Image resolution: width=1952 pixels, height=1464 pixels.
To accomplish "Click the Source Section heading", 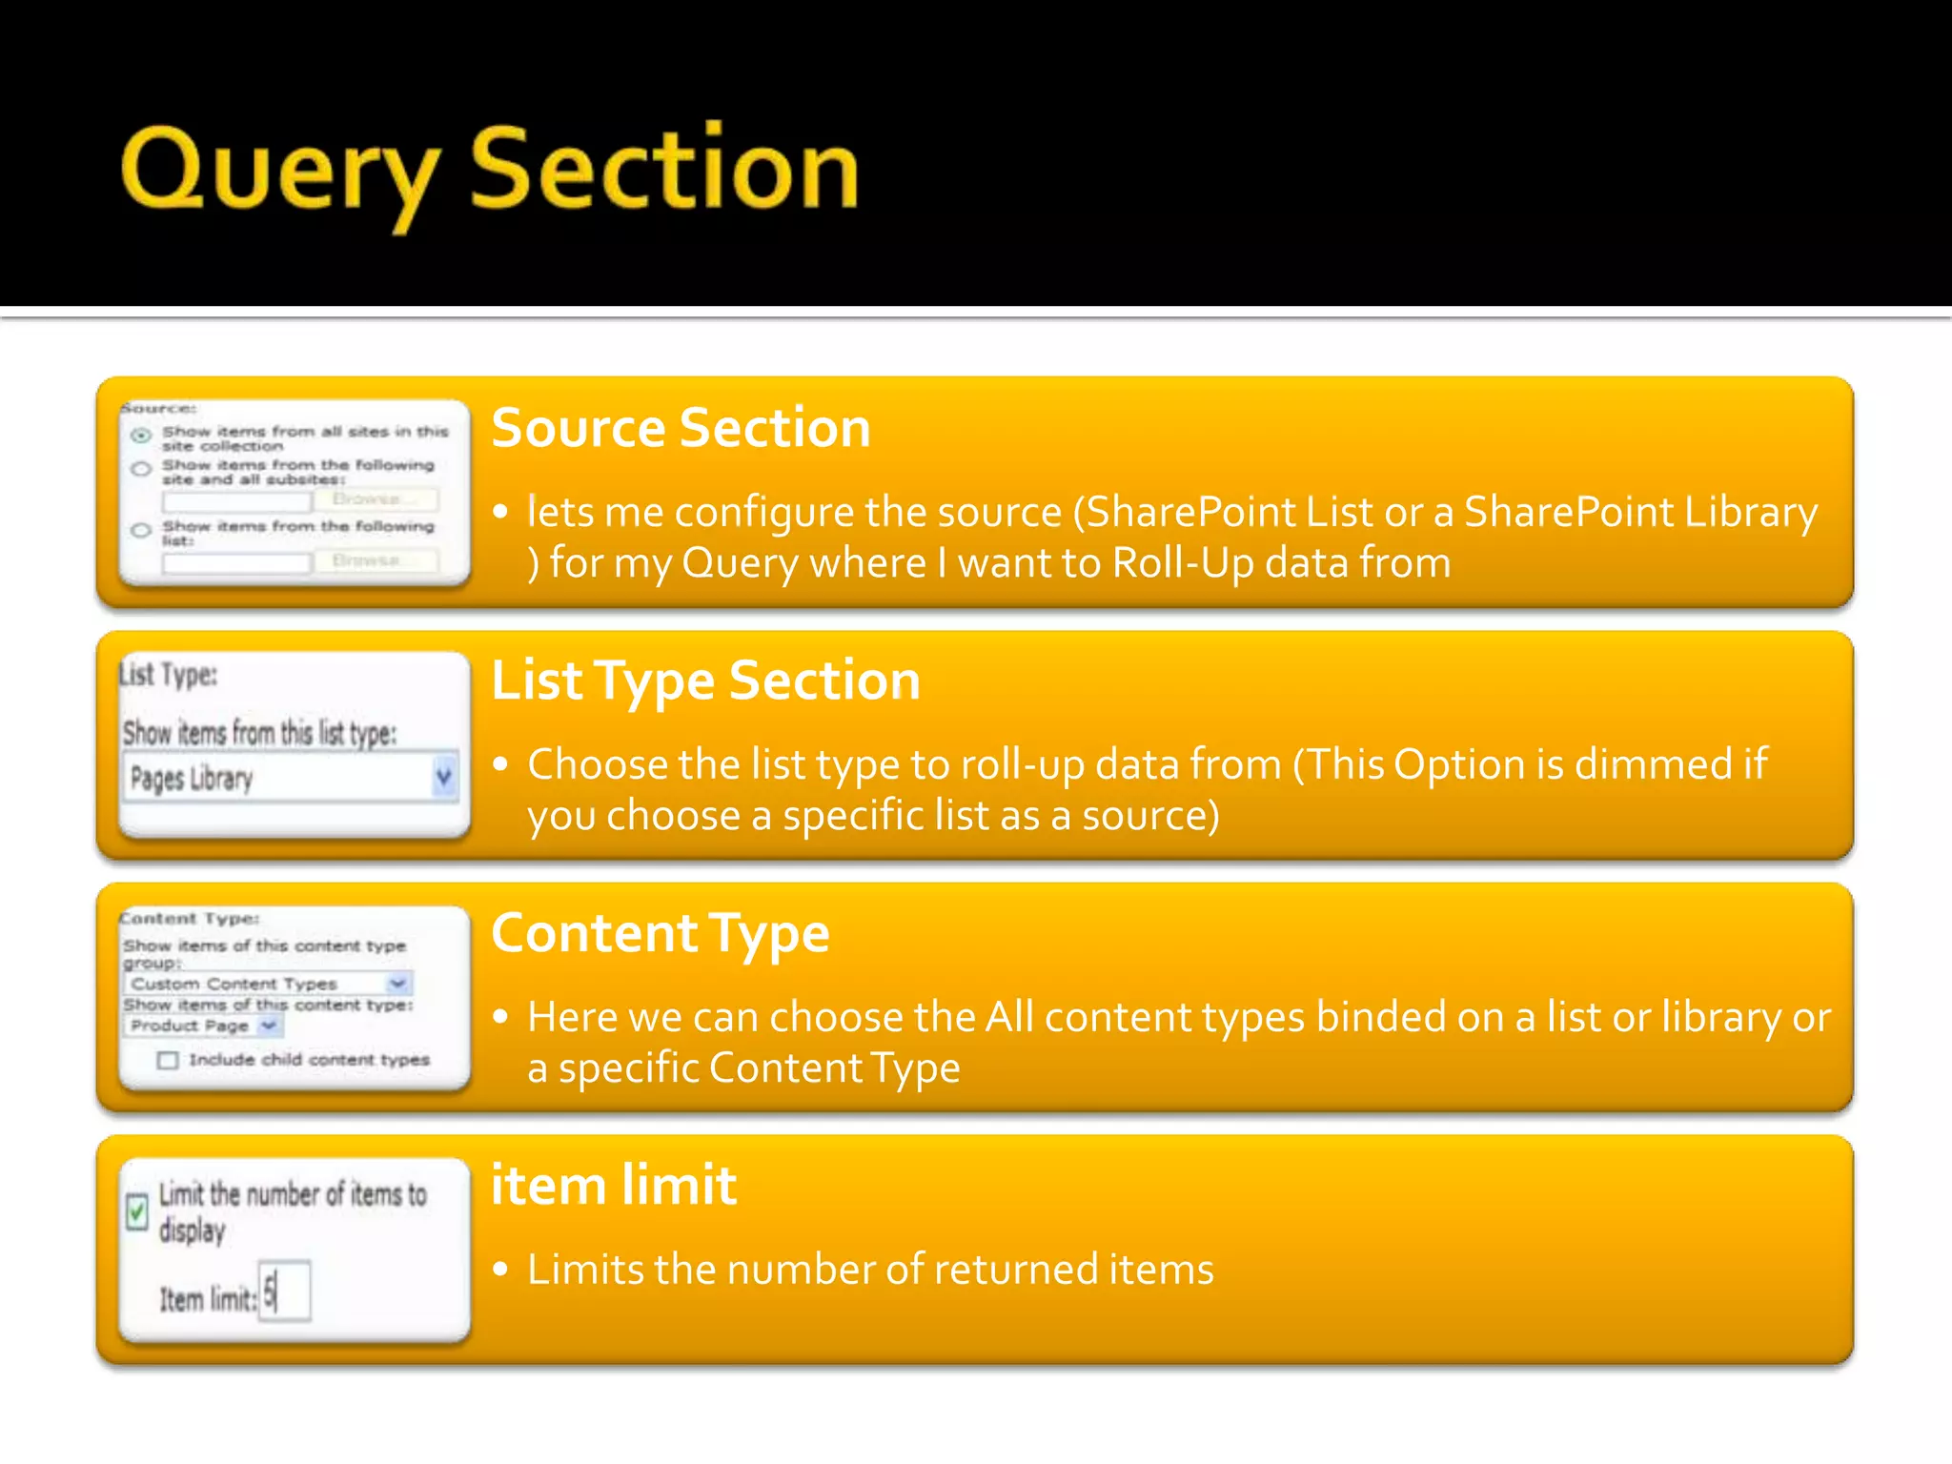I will tap(681, 427).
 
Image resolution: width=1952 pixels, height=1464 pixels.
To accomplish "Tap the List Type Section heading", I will tap(705, 681).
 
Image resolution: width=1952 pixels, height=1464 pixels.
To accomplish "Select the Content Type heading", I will tap(660, 933).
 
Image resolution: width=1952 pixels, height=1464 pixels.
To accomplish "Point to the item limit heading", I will tap(613, 1186).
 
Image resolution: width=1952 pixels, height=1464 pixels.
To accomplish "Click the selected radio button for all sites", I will tap(141, 436).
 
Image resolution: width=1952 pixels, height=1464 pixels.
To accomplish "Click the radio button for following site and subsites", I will tap(141, 469).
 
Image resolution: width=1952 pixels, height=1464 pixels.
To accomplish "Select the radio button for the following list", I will tap(141, 530).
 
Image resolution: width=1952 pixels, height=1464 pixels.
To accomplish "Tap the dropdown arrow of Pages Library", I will tap(443, 777).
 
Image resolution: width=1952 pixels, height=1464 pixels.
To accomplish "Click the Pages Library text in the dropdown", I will tap(192, 779).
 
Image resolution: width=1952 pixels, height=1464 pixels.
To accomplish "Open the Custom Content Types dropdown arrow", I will tap(397, 983).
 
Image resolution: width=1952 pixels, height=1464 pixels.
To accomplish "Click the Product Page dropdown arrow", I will tap(270, 1026).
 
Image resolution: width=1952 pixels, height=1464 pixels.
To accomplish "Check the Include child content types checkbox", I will tap(168, 1060).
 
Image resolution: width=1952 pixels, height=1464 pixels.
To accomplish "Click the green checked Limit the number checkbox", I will tap(137, 1211).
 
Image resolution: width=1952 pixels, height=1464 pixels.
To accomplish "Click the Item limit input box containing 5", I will tap(285, 1291).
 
